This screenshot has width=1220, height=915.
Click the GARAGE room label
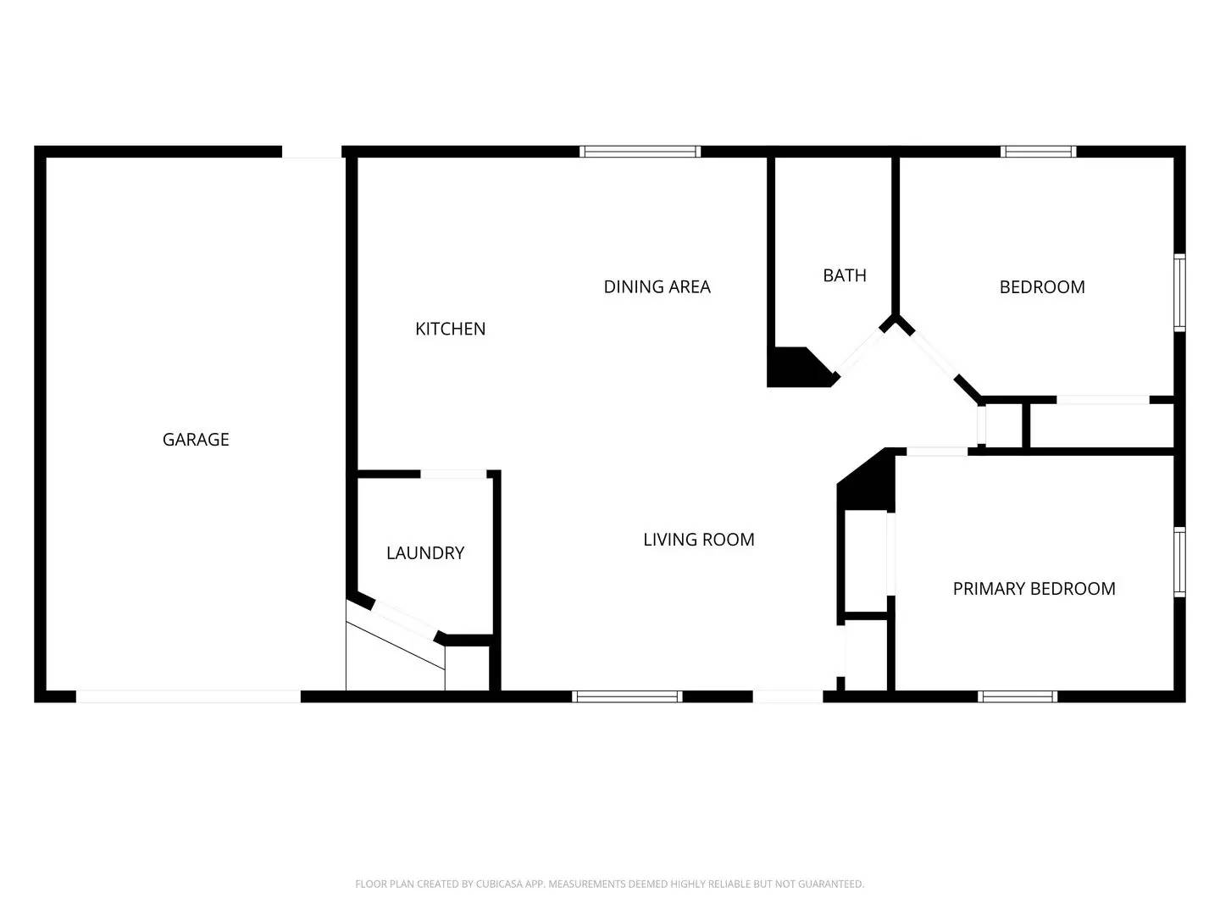pyautogui.click(x=196, y=440)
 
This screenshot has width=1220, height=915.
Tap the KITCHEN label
pyautogui.click(x=450, y=329)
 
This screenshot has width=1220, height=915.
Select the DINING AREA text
pyautogui.click(x=657, y=287)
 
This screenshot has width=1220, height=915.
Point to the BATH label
pyautogui.click(x=845, y=275)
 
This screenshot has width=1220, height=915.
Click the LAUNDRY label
pyautogui.click(x=425, y=553)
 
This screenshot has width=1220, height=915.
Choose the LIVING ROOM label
pyautogui.click(x=698, y=540)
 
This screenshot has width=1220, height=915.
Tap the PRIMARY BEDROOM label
pyautogui.click(x=1034, y=589)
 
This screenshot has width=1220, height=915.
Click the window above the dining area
pyautogui.click(x=640, y=152)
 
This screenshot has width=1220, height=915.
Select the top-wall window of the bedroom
pyautogui.click(x=1038, y=152)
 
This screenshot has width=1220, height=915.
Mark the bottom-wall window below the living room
pyautogui.click(x=626, y=696)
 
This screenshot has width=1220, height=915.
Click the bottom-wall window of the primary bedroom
pyautogui.click(x=1018, y=696)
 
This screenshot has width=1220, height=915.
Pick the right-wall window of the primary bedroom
pyautogui.click(x=1179, y=562)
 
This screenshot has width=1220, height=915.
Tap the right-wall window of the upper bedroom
pyautogui.click(x=1179, y=292)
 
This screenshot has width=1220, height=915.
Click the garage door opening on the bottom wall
pyautogui.click(x=188, y=696)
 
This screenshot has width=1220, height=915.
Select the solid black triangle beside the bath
pyautogui.click(x=796, y=369)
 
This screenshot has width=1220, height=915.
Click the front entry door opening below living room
pyautogui.click(x=787, y=696)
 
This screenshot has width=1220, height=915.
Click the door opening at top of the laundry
pyautogui.click(x=454, y=474)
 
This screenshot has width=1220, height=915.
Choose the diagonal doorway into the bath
pyautogui.click(x=861, y=351)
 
